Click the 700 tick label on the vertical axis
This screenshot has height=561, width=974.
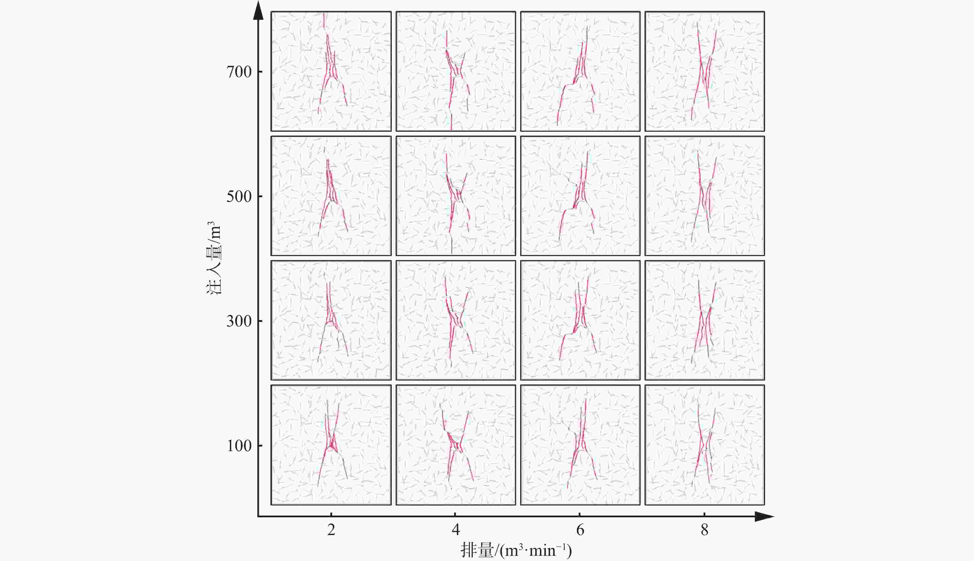pyautogui.click(x=239, y=72)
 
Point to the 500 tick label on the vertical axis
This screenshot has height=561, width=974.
pyautogui.click(x=239, y=197)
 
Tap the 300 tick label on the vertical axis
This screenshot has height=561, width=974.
pyautogui.click(x=239, y=321)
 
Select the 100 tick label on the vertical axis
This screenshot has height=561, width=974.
pyautogui.click(x=239, y=446)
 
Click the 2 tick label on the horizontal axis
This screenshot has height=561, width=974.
pyautogui.click(x=331, y=530)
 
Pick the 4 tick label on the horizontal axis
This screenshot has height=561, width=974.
pyautogui.click(x=456, y=530)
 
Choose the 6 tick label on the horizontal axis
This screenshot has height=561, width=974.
pyautogui.click(x=580, y=530)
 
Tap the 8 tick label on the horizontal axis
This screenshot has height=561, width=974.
pyautogui.click(x=704, y=530)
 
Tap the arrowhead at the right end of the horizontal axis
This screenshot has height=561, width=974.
pyautogui.click(x=764, y=516)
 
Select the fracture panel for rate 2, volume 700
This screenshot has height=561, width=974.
pyautogui.click(x=331, y=71)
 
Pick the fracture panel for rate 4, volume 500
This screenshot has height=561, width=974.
pyautogui.click(x=456, y=196)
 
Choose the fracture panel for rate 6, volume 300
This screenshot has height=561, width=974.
pyautogui.click(x=580, y=320)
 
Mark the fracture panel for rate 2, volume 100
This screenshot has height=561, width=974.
pyautogui.click(x=331, y=445)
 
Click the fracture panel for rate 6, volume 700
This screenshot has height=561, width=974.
pyautogui.click(x=580, y=71)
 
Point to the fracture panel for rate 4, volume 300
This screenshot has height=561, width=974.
pyautogui.click(x=456, y=320)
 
